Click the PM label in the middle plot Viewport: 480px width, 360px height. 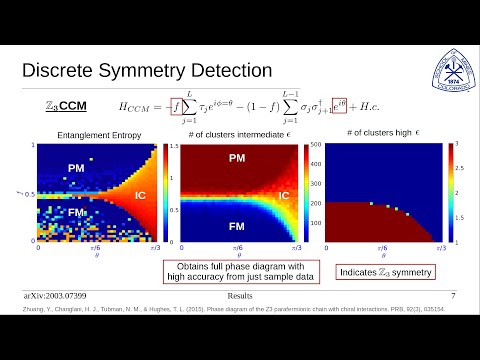coord(237,158)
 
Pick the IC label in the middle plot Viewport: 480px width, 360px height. coord(284,196)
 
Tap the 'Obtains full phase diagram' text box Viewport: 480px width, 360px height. coord(233,272)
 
